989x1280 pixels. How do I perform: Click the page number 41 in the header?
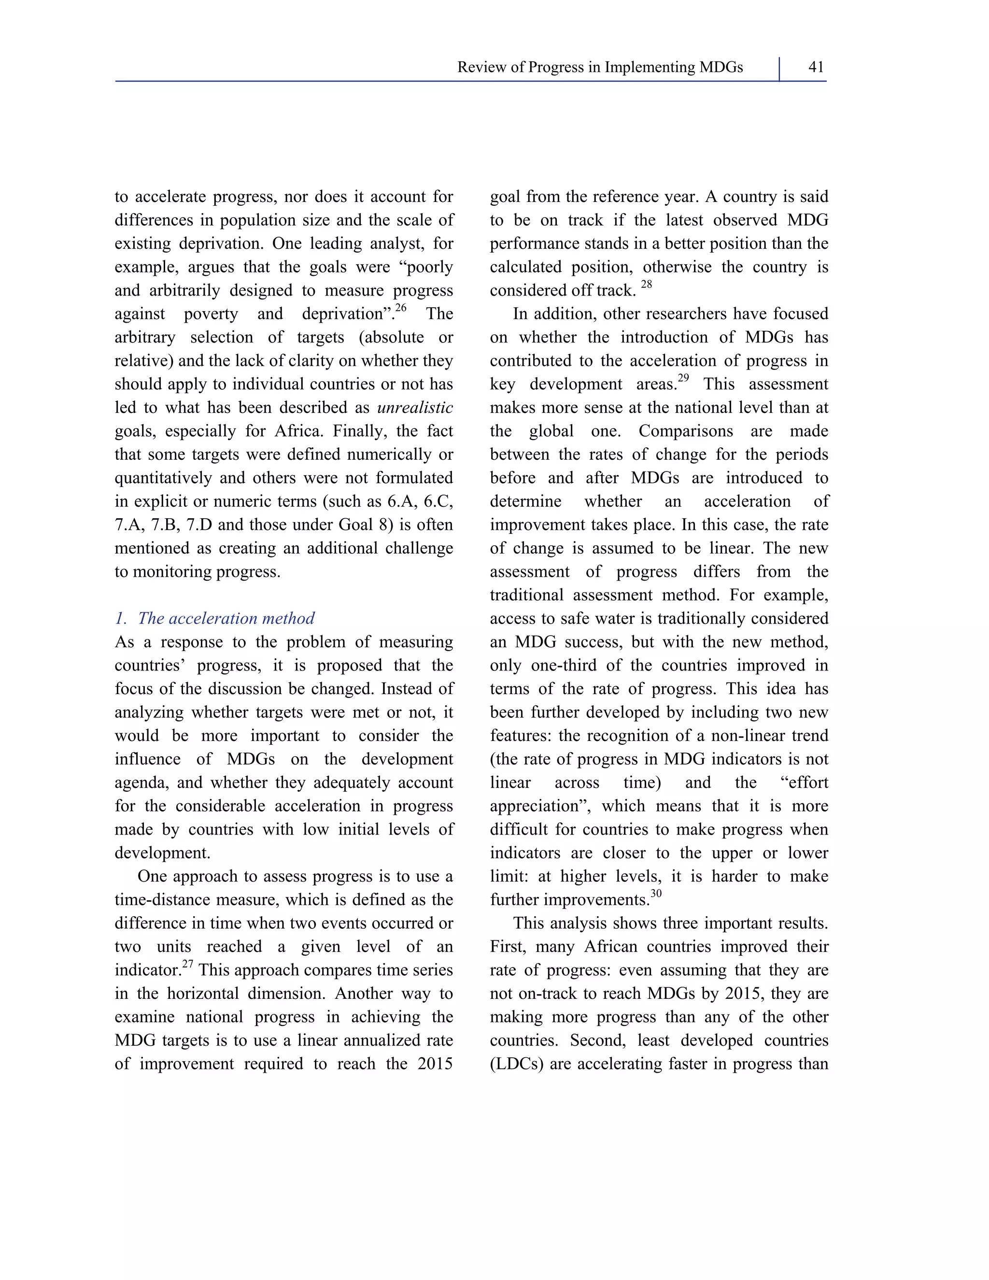pos(816,68)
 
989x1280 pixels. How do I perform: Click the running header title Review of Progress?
pos(599,68)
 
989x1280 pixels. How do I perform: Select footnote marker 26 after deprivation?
pos(401,308)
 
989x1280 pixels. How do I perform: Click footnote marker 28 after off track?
pos(646,284)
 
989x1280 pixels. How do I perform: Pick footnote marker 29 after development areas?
pos(683,378)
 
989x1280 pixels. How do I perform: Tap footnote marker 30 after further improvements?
pos(656,894)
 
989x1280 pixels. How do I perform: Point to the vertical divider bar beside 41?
pos(779,69)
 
